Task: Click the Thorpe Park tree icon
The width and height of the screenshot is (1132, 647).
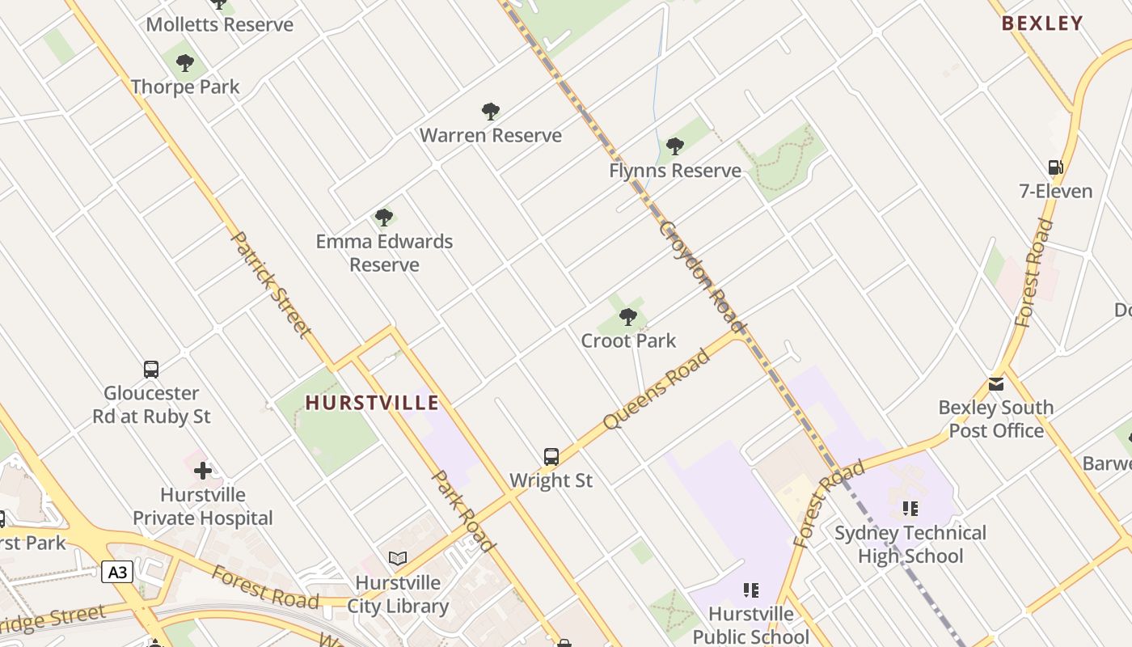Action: click(x=185, y=62)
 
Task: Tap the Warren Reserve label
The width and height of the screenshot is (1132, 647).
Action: click(x=490, y=135)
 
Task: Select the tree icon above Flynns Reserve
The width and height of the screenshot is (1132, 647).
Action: click(x=675, y=146)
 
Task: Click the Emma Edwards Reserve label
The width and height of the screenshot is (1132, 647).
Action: click(x=384, y=252)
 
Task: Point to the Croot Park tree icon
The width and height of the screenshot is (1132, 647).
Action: click(x=628, y=316)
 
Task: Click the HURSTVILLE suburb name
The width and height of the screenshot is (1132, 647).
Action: click(x=372, y=403)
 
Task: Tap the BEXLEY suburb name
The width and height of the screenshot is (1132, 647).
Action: click(x=1041, y=23)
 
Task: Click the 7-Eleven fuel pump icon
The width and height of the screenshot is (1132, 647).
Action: click(x=1055, y=167)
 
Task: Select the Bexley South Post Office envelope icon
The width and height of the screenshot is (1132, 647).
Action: click(x=996, y=383)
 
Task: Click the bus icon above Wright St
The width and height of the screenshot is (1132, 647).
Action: click(x=551, y=457)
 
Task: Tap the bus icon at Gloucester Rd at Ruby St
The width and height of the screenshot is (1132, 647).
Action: click(x=151, y=370)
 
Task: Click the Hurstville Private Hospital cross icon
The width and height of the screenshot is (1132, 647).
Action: click(x=202, y=470)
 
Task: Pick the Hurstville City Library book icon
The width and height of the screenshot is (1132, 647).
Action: click(x=397, y=559)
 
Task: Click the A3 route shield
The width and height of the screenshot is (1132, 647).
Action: click(x=118, y=573)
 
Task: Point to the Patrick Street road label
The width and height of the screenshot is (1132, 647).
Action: click(x=271, y=284)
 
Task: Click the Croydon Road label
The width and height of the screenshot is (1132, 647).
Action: click(x=702, y=275)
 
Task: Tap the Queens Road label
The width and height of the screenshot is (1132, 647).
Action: click(x=656, y=390)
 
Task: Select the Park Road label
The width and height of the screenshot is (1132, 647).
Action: click(x=463, y=511)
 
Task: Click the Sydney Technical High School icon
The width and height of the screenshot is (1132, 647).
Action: click(x=910, y=509)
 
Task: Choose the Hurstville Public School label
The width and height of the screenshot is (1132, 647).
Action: click(x=750, y=625)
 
